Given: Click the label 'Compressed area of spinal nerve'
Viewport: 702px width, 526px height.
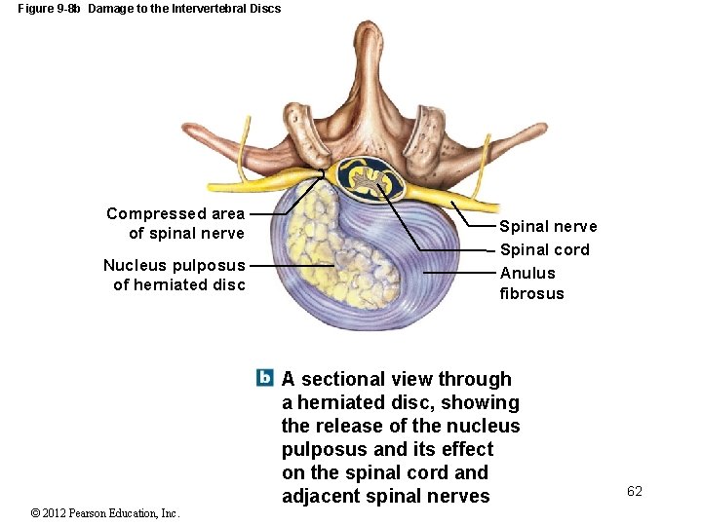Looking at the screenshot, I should tap(175, 223).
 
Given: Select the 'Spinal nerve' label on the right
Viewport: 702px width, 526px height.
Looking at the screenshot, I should tap(548, 227).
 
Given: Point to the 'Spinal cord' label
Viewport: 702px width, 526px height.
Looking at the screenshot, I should tap(544, 250).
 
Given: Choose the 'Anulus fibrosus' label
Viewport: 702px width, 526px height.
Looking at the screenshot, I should tap(531, 283).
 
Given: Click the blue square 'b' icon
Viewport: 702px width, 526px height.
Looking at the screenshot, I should tap(264, 378).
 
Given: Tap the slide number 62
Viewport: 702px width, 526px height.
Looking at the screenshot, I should tap(635, 492).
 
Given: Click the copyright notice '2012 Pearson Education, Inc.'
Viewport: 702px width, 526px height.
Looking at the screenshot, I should tap(104, 513).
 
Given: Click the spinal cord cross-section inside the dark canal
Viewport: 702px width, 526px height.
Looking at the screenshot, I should tap(367, 178).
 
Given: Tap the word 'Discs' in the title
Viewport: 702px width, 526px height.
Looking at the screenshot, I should tap(265, 9).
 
